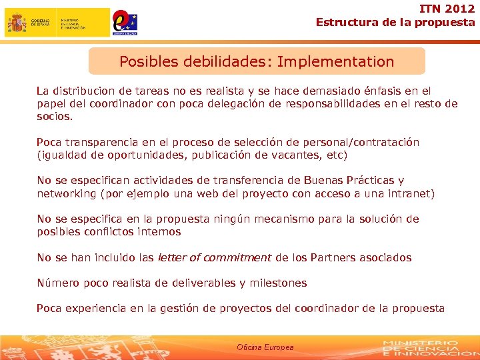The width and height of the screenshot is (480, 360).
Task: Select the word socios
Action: coord(54,116)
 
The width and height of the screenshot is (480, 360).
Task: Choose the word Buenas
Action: coord(323,180)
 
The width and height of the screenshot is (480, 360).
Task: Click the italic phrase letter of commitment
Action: coord(214,257)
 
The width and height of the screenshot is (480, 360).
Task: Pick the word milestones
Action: coord(278,283)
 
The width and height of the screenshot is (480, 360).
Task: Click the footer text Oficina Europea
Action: coord(265,347)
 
